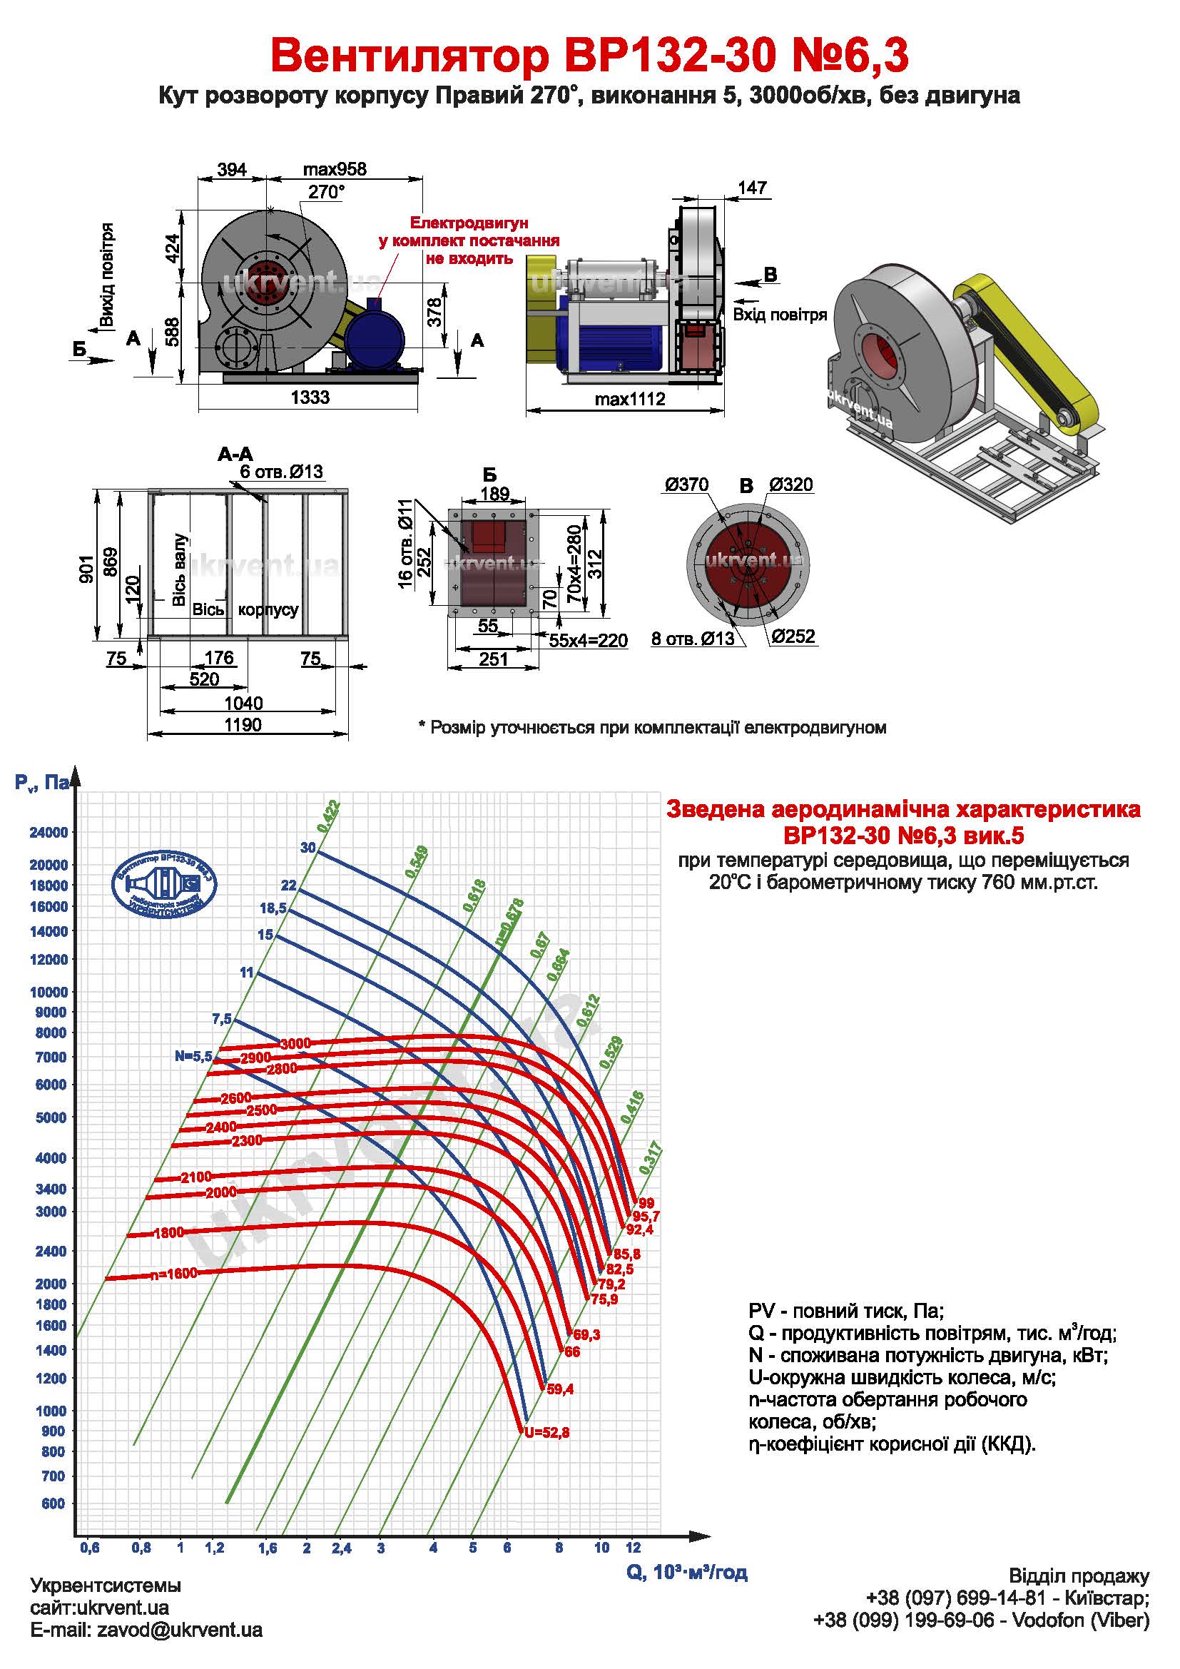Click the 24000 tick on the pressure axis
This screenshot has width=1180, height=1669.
(48, 832)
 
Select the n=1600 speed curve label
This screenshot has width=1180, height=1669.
(173, 1274)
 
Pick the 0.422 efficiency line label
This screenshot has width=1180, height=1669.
(327, 816)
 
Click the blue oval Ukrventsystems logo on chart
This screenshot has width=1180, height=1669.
(164, 883)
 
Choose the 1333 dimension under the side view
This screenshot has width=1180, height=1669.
(310, 397)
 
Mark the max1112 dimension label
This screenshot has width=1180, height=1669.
(629, 399)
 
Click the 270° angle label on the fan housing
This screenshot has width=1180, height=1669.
(325, 192)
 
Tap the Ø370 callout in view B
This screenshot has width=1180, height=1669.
(686, 485)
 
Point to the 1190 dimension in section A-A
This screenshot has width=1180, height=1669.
(243, 725)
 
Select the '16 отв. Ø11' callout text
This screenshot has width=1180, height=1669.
(405, 542)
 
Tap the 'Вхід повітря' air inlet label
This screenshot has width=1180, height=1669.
(780, 315)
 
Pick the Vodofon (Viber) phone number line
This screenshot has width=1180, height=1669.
(981, 1635)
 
